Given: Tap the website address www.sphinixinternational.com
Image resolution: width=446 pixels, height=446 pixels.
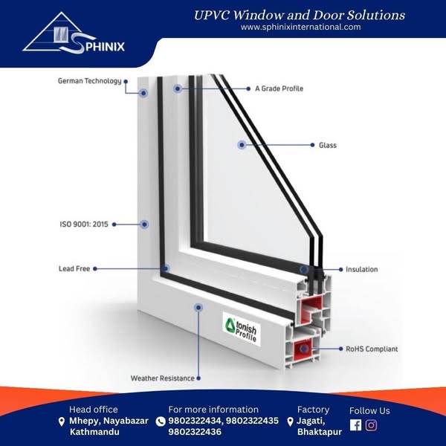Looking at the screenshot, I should click(x=301, y=27).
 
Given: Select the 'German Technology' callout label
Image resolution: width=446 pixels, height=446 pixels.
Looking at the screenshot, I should click(x=89, y=81).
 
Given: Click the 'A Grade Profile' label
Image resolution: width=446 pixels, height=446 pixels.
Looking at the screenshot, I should click(x=279, y=88).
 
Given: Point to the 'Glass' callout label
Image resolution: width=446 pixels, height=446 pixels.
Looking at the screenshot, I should click(x=328, y=146).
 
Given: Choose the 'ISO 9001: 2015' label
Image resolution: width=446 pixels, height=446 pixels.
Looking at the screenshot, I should click(x=83, y=223).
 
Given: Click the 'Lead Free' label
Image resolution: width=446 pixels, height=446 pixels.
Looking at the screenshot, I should click(x=74, y=268).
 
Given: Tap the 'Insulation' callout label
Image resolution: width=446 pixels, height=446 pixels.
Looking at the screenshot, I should click(x=361, y=269).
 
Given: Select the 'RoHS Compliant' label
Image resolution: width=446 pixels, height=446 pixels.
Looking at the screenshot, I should click(x=372, y=349).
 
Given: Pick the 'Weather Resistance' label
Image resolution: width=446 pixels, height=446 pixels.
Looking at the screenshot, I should click(x=162, y=378).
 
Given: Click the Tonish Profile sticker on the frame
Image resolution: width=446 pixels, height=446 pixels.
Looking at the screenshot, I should click(x=242, y=326).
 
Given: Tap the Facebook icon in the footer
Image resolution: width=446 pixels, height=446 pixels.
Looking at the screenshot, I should click(x=355, y=425).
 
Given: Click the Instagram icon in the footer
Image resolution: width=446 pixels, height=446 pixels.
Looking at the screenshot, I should click(x=371, y=425).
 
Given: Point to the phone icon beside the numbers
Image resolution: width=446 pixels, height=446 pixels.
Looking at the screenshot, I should click(x=161, y=421).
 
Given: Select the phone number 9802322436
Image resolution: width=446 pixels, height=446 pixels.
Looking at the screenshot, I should click(x=195, y=432).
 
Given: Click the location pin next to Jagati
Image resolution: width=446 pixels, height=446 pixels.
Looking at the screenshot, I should click(x=290, y=421).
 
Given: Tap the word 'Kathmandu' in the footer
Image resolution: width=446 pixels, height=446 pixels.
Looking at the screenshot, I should click(x=94, y=432).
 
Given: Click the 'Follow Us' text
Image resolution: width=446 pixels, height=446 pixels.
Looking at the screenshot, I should click(x=369, y=410).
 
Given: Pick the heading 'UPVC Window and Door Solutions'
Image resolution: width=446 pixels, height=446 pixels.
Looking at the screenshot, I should click(x=300, y=15).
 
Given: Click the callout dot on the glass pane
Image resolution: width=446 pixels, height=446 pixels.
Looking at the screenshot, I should click(x=241, y=146).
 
